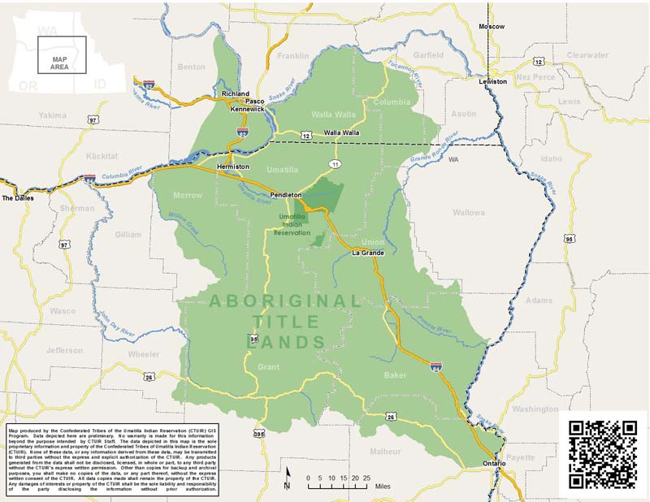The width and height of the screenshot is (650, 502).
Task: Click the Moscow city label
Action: (492, 27)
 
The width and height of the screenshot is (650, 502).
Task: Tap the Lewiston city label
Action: (492, 82)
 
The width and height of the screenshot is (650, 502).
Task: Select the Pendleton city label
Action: (287, 196)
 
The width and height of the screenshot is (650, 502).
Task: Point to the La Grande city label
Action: (367, 253)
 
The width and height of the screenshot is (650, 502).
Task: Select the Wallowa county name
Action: (468, 213)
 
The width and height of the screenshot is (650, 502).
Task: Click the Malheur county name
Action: (385, 451)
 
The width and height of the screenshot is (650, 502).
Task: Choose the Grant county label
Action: (268, 367)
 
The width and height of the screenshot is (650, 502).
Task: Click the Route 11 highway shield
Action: (335, 164)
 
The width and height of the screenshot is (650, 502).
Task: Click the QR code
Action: (602, 454)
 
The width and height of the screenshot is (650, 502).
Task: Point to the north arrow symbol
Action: (287, 478)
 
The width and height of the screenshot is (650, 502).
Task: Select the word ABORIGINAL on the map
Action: (285, 301)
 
